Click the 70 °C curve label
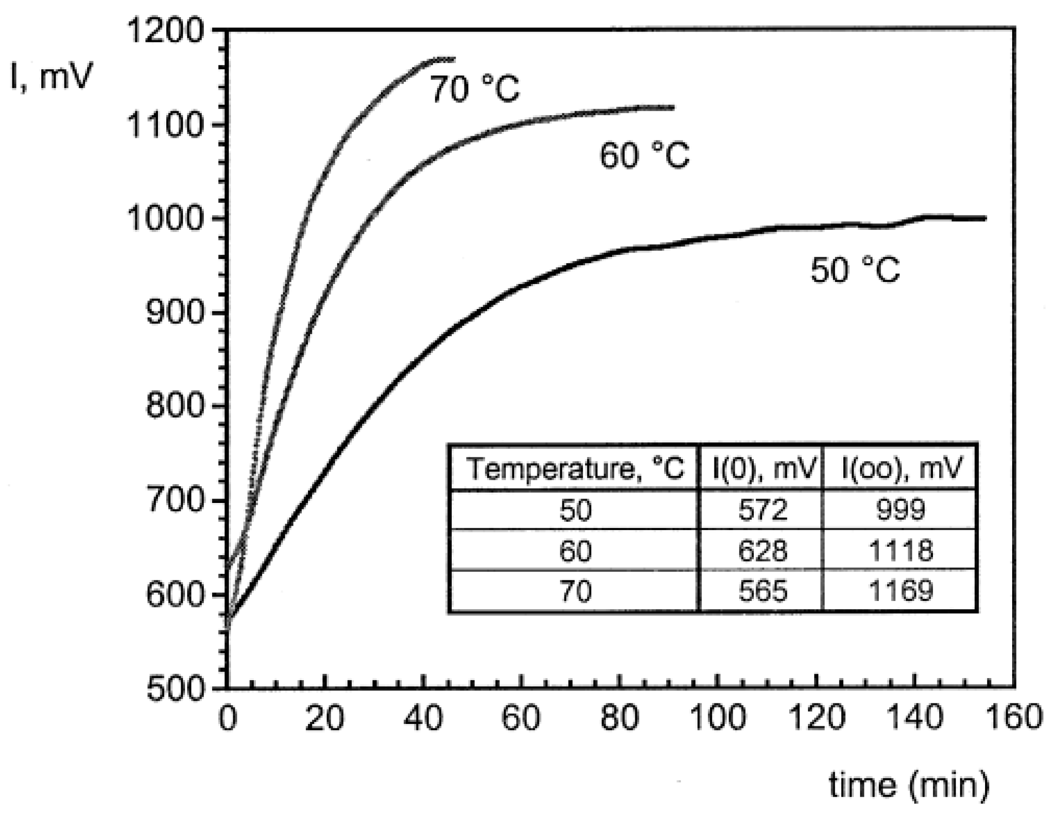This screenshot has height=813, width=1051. coord(475,90)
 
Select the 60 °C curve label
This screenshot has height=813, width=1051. coord(645,156)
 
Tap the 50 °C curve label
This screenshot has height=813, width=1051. coord(855,270)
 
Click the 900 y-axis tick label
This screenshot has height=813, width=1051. coord(175,313)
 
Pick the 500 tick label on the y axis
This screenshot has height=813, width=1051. coord(175,688)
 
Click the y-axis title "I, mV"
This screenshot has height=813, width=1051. coord(52,77)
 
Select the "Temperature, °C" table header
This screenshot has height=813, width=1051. coord(575,469)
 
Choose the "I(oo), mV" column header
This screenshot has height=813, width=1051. coord(901,469)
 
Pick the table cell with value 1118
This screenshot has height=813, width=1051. coord(901,550)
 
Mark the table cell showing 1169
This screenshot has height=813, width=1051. coord(901,591)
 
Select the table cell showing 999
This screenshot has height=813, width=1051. coord(901,509)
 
